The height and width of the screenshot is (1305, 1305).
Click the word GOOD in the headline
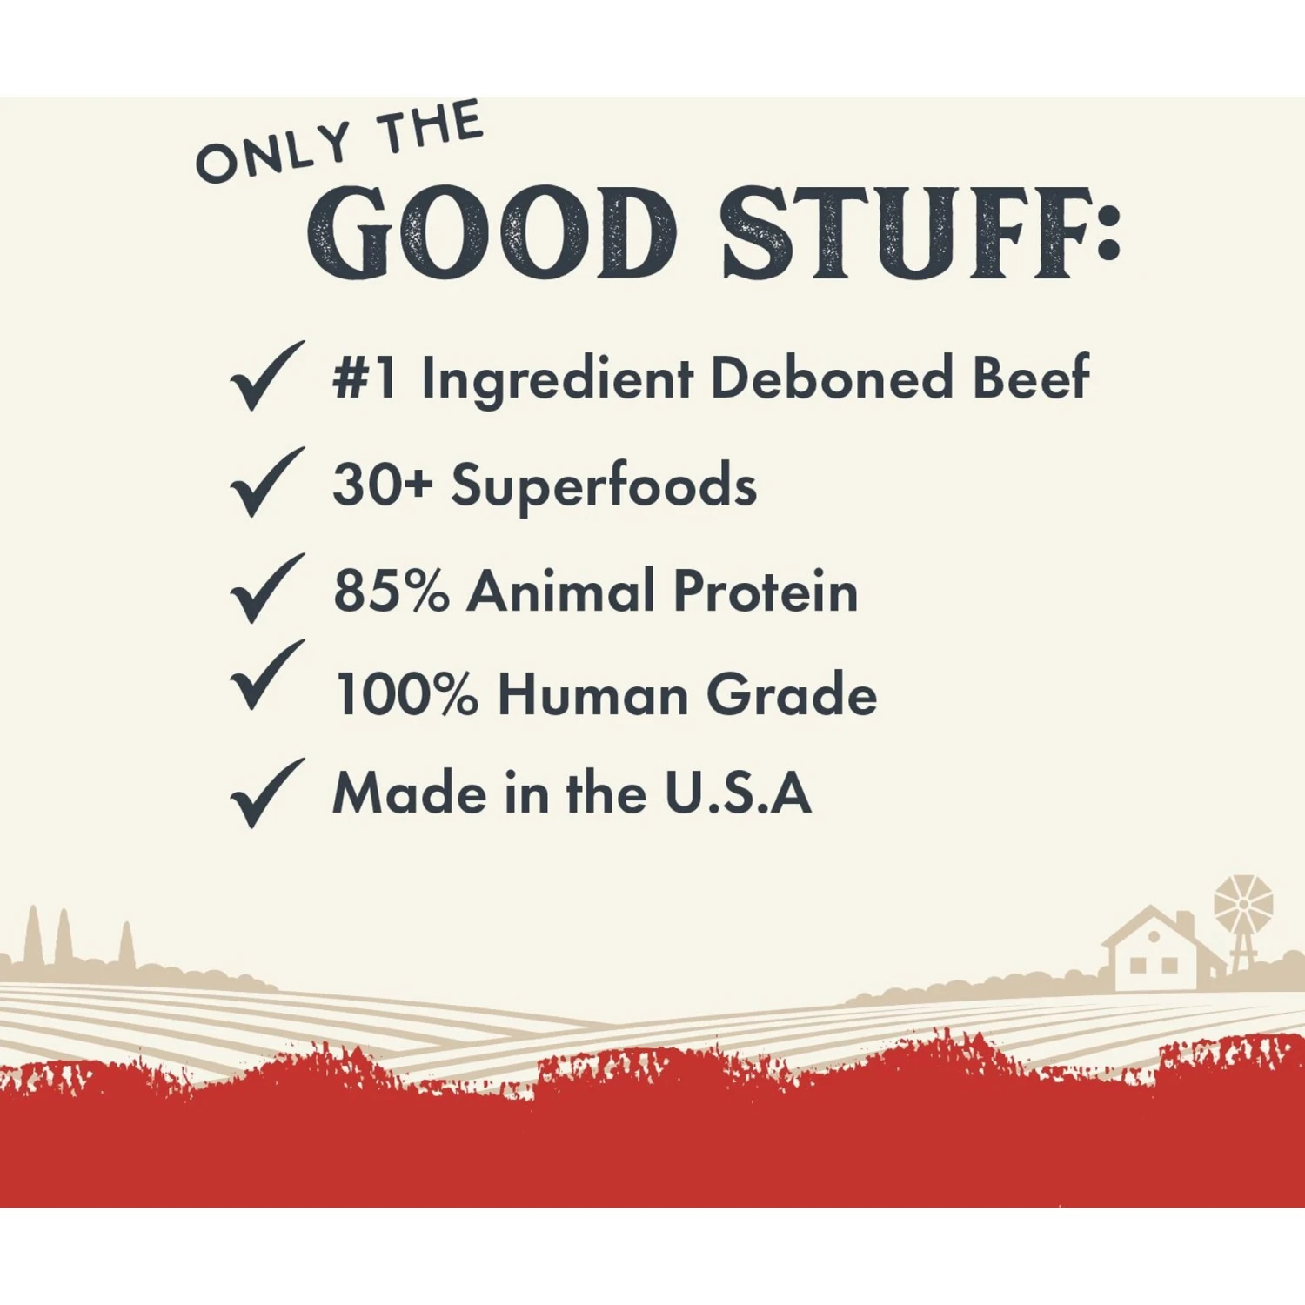pos(492,232)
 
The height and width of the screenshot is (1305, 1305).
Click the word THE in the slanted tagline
pos(432,127)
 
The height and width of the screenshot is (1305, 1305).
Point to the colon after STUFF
pos(1108,232)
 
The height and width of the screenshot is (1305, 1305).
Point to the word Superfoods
pos(604,485)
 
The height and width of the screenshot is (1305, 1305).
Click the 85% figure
pos(391,591)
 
